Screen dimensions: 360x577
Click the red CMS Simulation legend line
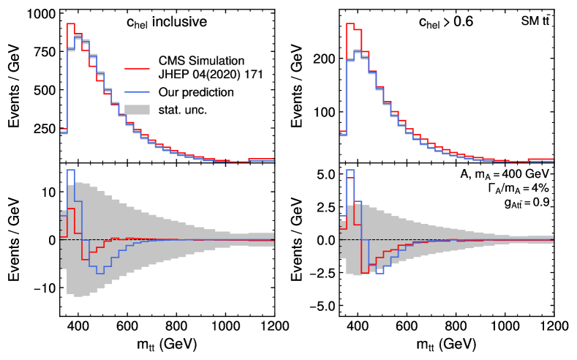pyautogui.click(x=139, y=67)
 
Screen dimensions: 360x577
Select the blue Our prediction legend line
pyautogui.click(x=139, y=93)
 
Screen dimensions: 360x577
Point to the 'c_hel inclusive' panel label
pyautogui.click(x=167, y=22)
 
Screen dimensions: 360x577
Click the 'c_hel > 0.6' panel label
pyautogui.click(x=445, y=22)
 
